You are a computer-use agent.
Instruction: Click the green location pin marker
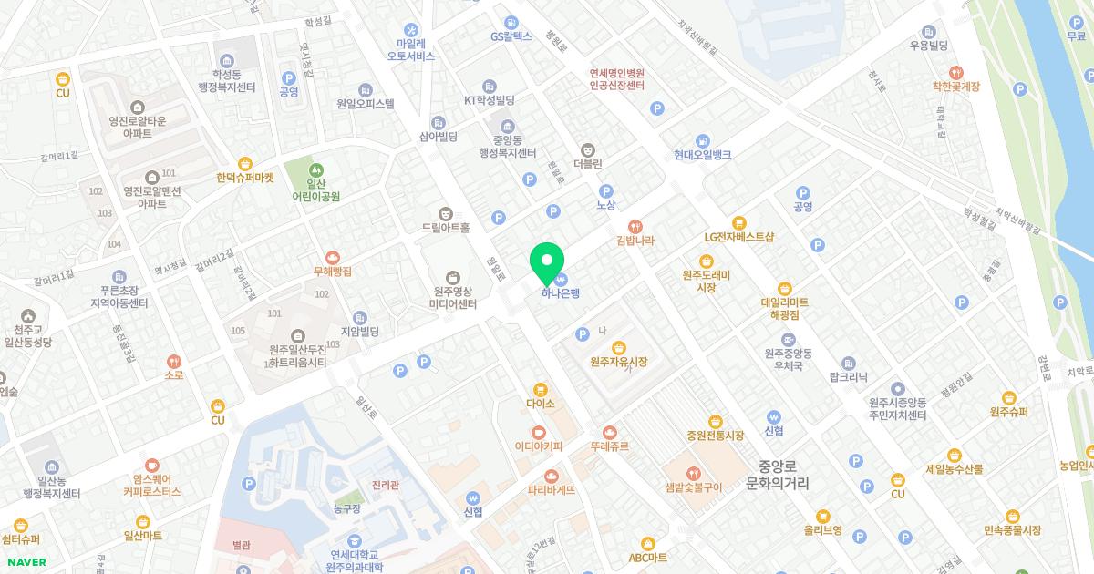[547, 261]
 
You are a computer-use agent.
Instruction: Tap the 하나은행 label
[561, 292]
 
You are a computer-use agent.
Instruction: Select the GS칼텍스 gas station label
[511, 36]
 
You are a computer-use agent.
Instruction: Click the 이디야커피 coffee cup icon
[539, 432]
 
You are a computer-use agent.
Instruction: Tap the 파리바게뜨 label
[551, 489]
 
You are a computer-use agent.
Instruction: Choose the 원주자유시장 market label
[618, 362]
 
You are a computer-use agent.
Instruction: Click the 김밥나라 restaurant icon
[635, 226]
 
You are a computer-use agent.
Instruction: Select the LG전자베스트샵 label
[738, 237]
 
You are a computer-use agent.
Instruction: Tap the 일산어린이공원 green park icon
[315, 169]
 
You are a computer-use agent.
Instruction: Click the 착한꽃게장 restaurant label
[955, 86]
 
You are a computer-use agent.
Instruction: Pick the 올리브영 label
[822, 529]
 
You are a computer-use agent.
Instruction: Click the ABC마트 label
[647, 557]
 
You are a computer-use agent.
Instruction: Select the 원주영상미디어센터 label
[453, 298]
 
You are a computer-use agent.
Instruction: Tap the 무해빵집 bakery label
[332, 271]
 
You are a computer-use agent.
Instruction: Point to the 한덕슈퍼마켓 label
[245, 178]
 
